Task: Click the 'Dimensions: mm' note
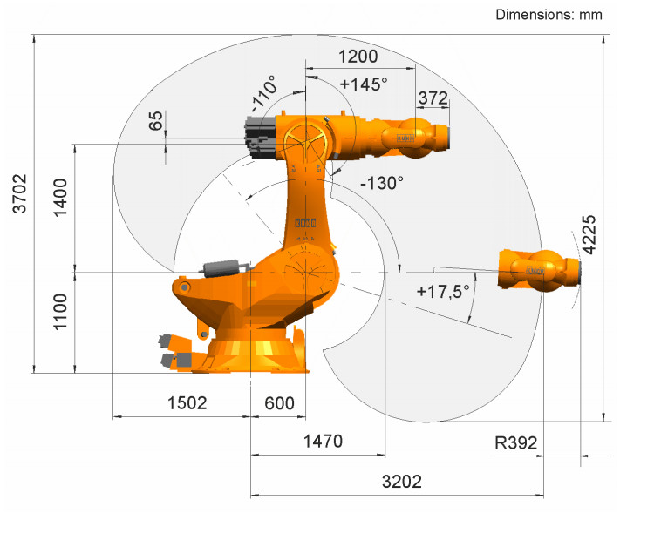coord(549,15)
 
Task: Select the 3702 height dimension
coord(20,193)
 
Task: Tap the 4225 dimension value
coord(589,234)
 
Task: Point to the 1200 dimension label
coord(358,57)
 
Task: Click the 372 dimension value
coord(433,98)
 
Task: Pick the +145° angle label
coord(364,84)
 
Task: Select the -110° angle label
coord(264,93)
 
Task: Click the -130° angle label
coord(382,183)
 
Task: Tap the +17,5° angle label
coord(443,291)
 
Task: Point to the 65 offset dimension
coord(155,121)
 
